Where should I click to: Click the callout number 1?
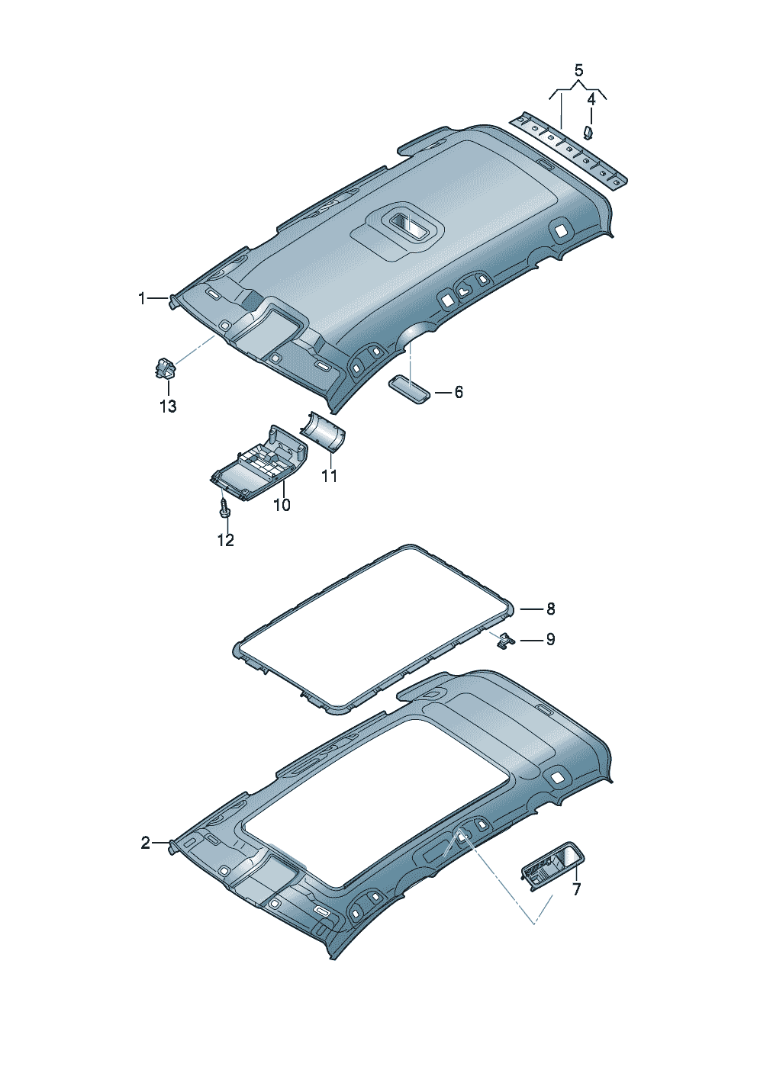pyautogui.click(x=141, y=299)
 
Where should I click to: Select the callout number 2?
pyautogui.click(x=145, y=843)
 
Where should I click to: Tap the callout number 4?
pyautogui.click(x=591, y=98)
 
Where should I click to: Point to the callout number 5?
pyautogui.click(x=578, y=71)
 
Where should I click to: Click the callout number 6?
pyautogui.click(x=458, y=392)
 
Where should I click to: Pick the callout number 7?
pyautogui.click(x=576, y=889)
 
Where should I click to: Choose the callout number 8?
pyautogui.click(x=550, y=609)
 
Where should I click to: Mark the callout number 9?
pyautogui.click(x=550, y=639)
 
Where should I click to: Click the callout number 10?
pyautogui.click(x=282, y=505)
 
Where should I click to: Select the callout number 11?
pyautogui.click(x=329, y=476)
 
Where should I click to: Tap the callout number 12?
pyautogui.click(x=225, y=540)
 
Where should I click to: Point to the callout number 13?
pyautogui.click(x=168, y=406)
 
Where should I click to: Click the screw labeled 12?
pyautogui.click(x=224, y=506)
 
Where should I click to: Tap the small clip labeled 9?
pyautogui.click(x=504, y=641)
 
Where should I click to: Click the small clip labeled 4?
pyautogui.click(x=589, y=133)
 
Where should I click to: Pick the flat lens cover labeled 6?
pyautogui.click(x=409, y=390)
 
